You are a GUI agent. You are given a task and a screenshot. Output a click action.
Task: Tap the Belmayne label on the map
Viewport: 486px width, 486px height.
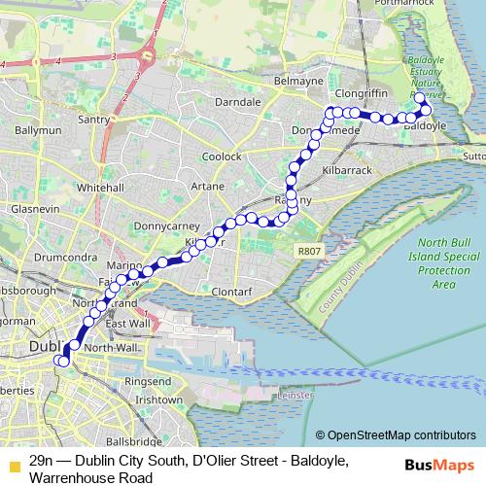[x=298, y=82]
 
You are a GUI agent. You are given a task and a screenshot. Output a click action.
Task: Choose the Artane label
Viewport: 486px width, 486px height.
[x=208, y=185]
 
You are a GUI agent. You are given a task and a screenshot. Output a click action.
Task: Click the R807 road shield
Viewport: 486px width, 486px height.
[x=309, y=251]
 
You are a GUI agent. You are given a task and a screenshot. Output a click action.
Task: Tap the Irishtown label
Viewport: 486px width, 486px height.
[x=159, y=399]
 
